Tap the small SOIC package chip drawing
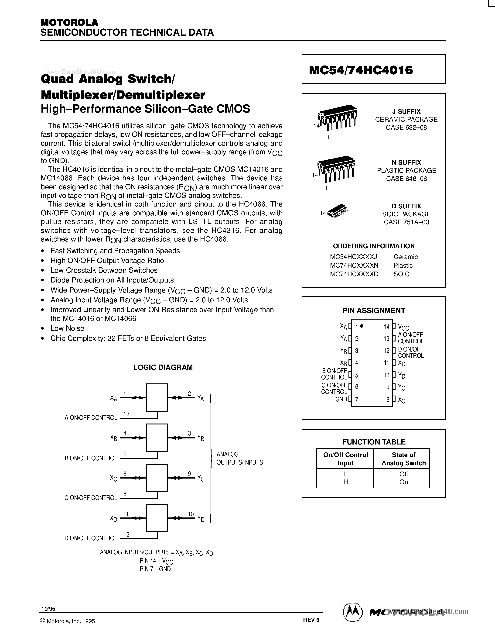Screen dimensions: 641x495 pos(337,211)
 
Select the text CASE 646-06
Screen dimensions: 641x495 pos(406,179)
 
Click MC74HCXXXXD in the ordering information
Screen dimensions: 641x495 pos(354,274)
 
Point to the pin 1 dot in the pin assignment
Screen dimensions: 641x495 pos(362,326)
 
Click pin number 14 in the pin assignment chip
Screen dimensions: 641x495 pos(386,327)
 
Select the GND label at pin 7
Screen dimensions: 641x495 pos(341,399)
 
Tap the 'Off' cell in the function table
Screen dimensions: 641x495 pos(403,474)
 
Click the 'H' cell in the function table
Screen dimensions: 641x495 pos(345,482)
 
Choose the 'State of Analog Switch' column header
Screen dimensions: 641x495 pos(403,459)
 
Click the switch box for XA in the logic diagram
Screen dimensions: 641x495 pos(157,397)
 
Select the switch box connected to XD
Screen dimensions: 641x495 pos(157,518)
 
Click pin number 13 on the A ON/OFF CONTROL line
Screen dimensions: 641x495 pos(126,414)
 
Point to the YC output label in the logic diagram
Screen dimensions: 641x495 pos(201,478)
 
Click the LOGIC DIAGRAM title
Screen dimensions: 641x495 pos(163,367)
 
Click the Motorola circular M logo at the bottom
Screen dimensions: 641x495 pos(352,613)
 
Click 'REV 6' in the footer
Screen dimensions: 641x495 pos(311,620)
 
